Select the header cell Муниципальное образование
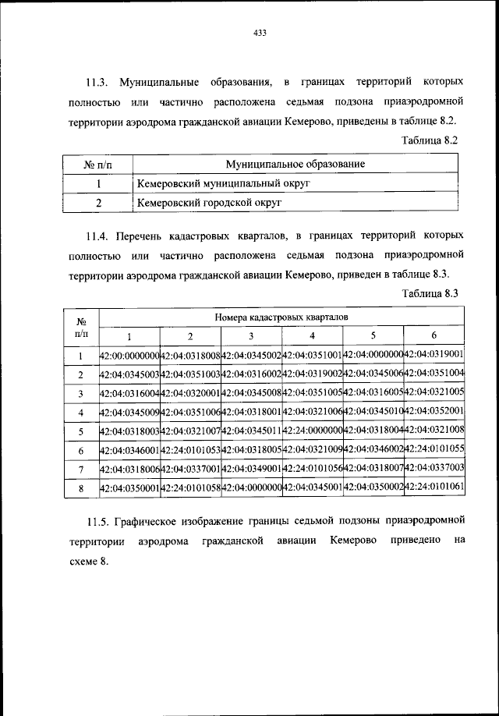(x=296, y=165)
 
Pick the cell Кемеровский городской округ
(x=207, y=202)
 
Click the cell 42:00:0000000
(x=129, y=356)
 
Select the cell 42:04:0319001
(x=434, y=356)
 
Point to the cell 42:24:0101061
(x=434, y=487)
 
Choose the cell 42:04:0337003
(x=434, y=468)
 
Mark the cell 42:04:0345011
(x=251, y=431)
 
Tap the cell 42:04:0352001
(x=434, y=412)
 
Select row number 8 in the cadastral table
(x=80, y=487)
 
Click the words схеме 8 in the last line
(x=81, y=562)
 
